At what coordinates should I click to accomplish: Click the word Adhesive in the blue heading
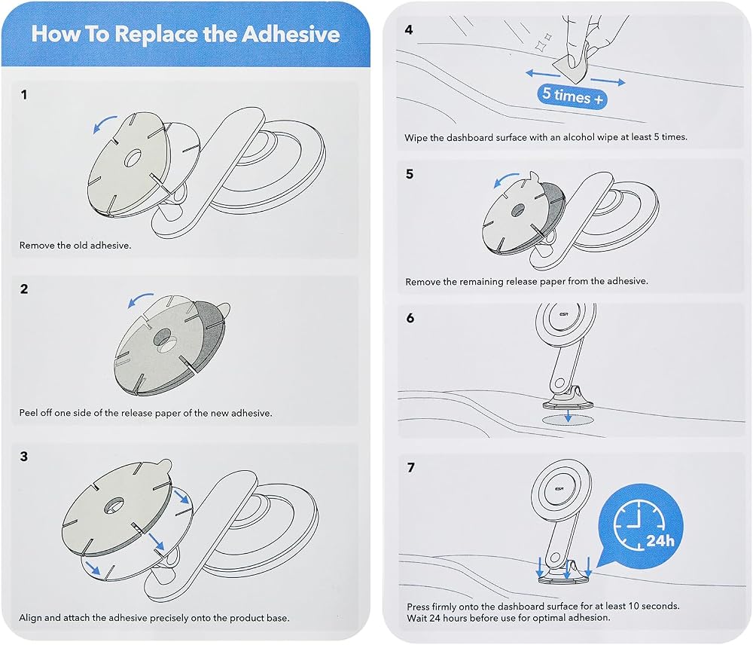click(290, 34)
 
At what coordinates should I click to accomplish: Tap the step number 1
click(24, 95)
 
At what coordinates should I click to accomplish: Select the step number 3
click(24, 456)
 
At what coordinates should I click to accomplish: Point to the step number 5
click(409, 173)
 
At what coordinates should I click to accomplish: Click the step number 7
click(410, 467)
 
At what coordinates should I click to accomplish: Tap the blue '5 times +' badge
click(572, 96)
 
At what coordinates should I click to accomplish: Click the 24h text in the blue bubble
click(660, 541)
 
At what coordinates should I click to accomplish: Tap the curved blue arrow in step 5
click(506, 179)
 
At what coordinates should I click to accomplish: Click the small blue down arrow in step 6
click(568, 416)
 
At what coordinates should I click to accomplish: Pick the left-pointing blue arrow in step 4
click(543, 74)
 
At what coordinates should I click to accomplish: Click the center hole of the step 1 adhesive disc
click(133, 158)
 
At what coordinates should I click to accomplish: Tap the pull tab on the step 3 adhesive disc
click(163, 465)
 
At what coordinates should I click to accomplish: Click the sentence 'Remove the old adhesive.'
click(75, 245)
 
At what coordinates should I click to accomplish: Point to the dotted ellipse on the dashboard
click(568, 420)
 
